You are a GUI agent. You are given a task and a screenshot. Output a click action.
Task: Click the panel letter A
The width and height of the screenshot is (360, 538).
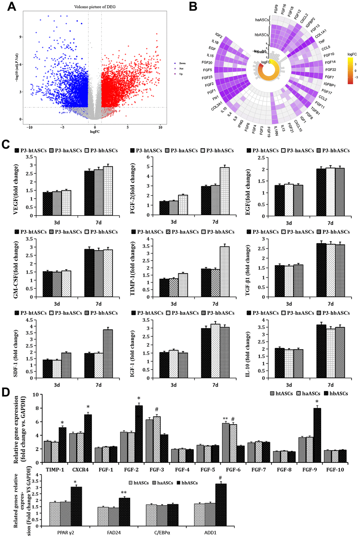(12, 6)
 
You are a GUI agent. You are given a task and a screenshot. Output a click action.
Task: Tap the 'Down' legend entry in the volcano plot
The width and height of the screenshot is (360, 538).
(182, 63)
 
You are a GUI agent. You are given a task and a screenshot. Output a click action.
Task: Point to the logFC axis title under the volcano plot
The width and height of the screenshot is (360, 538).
(95, 132)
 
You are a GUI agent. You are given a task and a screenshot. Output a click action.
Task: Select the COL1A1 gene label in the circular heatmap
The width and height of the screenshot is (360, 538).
(320, 34)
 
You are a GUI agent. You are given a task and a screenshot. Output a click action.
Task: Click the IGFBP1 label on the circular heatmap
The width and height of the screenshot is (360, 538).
(330, 85)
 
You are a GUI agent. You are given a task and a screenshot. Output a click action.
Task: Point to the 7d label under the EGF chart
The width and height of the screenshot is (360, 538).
(330, 223)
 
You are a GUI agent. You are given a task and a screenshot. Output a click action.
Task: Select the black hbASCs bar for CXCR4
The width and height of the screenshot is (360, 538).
(88, 438)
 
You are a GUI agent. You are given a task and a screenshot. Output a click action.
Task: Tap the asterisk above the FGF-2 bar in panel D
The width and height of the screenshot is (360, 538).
(139, 399)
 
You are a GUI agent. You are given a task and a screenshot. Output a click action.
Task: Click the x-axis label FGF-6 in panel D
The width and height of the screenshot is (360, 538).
(233, 470)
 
